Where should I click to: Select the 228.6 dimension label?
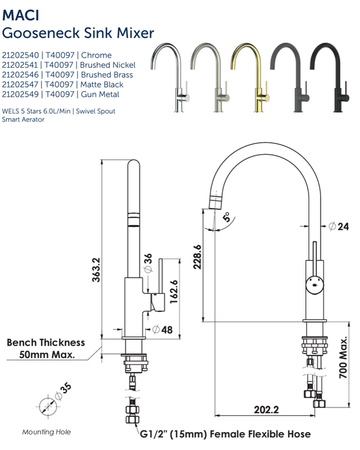[x=197, y=257]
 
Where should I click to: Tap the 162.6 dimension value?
[x=174, y=292]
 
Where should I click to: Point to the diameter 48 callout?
[x=163, y=329]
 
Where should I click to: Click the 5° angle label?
[x=226, y=218]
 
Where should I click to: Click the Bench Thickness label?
[x=46, y=343]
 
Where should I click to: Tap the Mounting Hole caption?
[x=46, y=432]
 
